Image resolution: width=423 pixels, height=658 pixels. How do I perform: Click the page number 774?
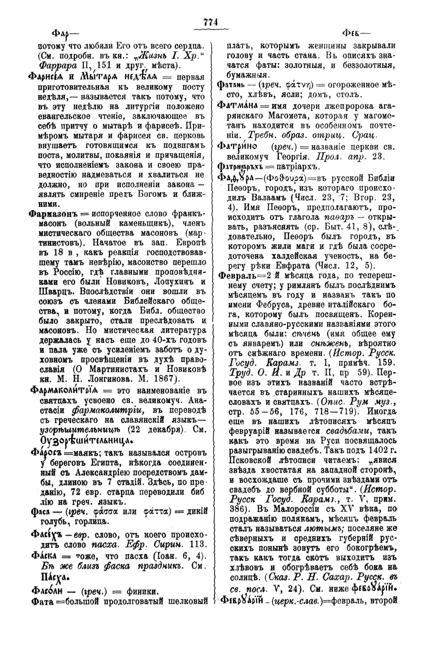[211, 22]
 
